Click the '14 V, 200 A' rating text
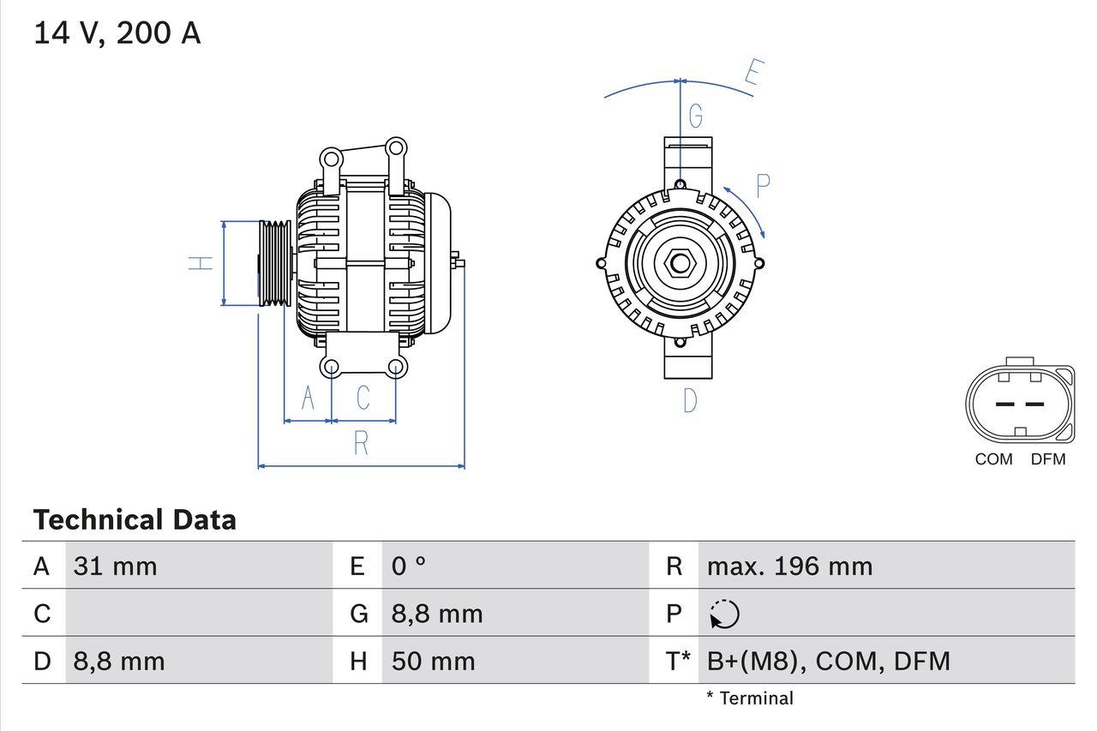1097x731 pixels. (117, 33)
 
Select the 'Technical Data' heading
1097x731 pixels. (135, 520)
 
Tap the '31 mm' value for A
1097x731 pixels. (115, 566)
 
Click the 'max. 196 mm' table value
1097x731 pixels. (789, 566)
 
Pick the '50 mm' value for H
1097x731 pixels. (433, 662)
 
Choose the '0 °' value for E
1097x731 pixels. (409, 566)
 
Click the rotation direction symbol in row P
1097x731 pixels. (724, 614)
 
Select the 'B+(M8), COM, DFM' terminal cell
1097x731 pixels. (828, 662)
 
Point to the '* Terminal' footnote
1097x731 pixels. (750, 698)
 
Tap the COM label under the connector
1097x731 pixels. (993, 459)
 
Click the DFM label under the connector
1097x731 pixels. (1047, 459)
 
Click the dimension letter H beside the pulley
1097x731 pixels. (201, 263)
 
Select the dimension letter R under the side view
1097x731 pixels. (361, 443)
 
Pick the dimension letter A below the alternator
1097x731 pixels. (308, 398)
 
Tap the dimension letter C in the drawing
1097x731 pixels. (363, 398)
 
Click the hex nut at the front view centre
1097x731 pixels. (680, 263)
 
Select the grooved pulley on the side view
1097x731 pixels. (275, 263)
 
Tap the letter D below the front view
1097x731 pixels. (690, 400)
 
